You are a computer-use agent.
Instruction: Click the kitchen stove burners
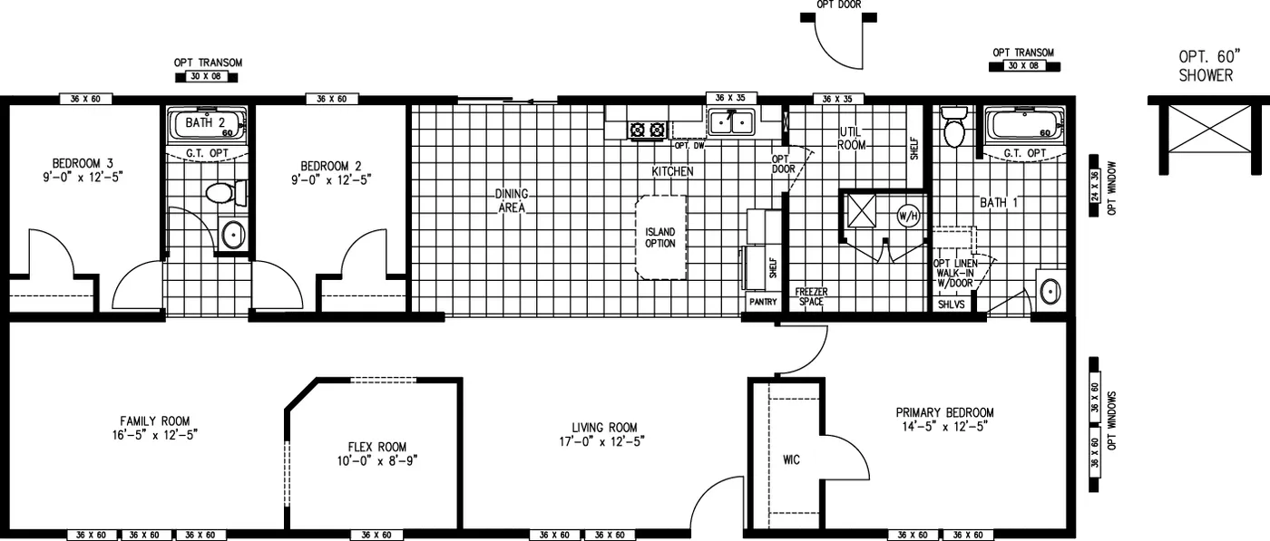pos(648,130)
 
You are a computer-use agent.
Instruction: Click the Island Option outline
pos(660,237)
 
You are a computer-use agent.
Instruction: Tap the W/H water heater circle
pos(908,216)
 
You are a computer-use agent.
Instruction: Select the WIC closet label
pos(791,459)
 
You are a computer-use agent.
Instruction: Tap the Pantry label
pos(762,302)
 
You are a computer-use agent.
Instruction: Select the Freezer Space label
pos(811,296)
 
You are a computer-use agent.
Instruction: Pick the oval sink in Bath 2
pos(233,236)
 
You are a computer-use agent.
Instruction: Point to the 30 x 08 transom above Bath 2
pos(208,77)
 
